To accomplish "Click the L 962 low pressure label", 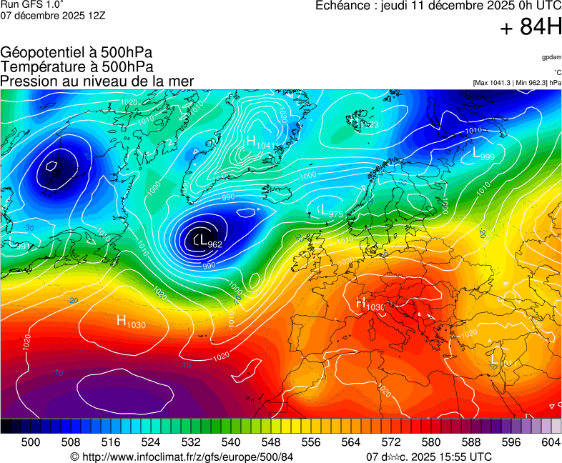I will [x=208, y=242].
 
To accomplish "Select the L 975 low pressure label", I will [x=330, y=211].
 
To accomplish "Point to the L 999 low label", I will [x=483, y=154].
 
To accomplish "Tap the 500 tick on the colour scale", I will [x=31, y=443].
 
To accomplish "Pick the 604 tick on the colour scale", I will [x=551, y=443].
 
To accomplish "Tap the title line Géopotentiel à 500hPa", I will [x=77, y=53].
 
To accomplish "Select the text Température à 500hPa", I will [x=77, y=66].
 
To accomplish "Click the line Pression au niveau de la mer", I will [x=97, y=81].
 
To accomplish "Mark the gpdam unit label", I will [x=551, y=56].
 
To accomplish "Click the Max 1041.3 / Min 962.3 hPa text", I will [x=516, y=83].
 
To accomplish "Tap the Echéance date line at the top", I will [x=438, y=6].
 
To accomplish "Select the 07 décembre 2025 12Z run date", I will [x=53, y=16].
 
